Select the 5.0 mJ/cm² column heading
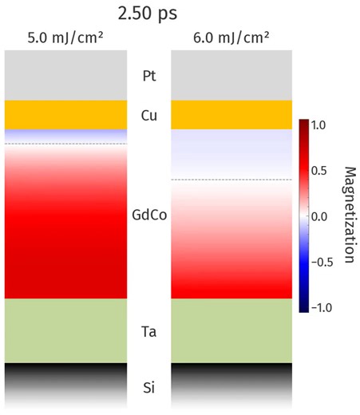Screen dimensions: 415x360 (x=65, y=40)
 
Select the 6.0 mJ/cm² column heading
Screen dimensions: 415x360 (x=232, y=40)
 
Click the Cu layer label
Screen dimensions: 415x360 (x=148, y=115)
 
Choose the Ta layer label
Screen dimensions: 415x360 (x=148, y=330)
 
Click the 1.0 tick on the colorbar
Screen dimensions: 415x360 (x=319, y=125)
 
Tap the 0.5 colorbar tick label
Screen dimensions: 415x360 (x=319, y=171)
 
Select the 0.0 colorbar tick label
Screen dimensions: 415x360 (x=319, y=216)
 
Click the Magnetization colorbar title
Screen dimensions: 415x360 (x=349, y=215)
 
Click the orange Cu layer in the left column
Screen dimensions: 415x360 (x=65, y=115)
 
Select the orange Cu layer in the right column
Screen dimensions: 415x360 (x=232, y=115)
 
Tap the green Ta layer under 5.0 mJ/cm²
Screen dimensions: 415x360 (x=65, y=330)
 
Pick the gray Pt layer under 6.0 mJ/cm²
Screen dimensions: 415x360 (x=232, y=76)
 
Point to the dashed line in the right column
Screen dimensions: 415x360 (x=232, y=180)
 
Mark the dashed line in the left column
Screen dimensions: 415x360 (x=65, y=144)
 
